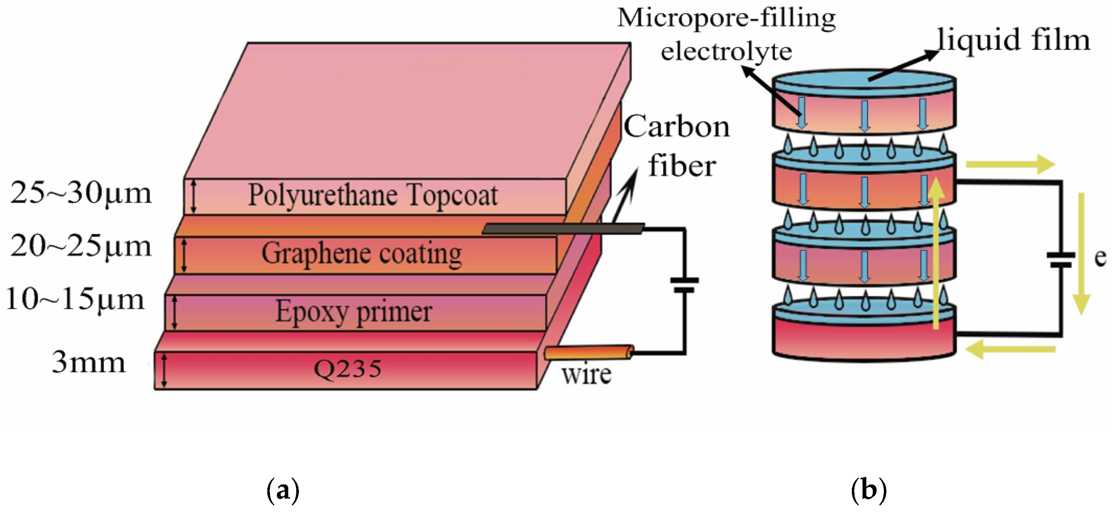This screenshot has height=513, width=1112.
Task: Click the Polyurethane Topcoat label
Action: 373,196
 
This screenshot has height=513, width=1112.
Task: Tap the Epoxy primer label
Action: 354,312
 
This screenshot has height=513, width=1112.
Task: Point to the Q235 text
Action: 348,369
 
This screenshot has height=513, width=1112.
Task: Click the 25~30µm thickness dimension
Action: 81,193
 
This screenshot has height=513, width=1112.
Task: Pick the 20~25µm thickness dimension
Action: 81,247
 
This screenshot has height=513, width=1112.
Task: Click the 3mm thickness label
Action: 89,363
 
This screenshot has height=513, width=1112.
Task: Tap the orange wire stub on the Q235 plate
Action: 589,353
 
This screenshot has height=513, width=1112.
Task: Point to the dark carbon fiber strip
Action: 563,228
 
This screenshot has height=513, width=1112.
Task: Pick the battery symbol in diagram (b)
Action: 1061,260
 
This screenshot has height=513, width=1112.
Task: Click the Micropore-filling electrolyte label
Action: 726,35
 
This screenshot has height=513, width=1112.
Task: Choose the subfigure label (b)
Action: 869,490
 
